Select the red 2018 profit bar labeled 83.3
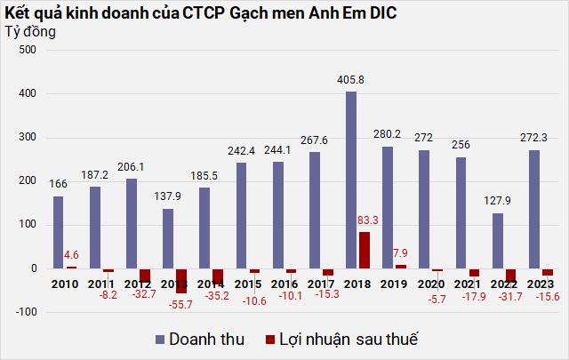point(364,250)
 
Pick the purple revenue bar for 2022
point(498,240)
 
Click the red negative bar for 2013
point(180,280)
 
